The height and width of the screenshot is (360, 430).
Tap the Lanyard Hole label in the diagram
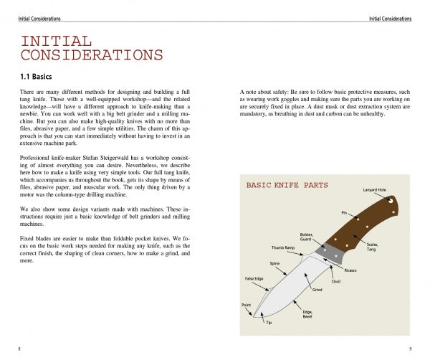click(375, 189)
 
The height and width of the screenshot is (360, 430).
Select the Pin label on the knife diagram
click(343, 212)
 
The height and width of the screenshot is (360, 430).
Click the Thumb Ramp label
click(282, 247)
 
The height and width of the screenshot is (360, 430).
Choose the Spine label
click(274, 264)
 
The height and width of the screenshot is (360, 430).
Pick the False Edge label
click(255, 278)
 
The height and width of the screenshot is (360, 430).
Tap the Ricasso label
click(350, 270)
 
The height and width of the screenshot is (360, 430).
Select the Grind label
click(317, 290)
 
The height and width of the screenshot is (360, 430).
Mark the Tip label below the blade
click(269, 323)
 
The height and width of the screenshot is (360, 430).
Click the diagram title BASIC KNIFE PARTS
click(287, 185)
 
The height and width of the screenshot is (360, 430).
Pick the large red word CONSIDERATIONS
click(91, 55)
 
